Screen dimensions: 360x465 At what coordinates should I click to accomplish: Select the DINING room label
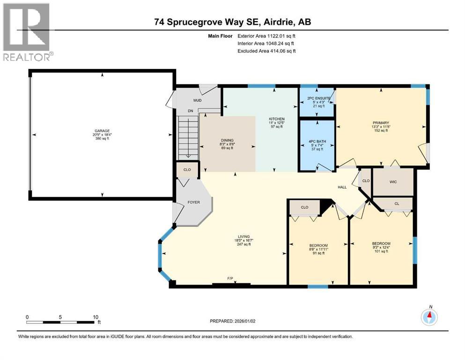click(x=227, y=140)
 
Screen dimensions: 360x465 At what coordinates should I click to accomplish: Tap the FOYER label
click(x=193, y=202)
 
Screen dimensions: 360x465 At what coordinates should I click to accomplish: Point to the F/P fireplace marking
click(x=230, y=279)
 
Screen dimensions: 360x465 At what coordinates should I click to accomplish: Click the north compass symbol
click(x=428, y=317)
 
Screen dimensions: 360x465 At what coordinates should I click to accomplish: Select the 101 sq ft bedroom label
click(x=381, y=244)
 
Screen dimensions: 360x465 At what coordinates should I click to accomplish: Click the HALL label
click(x=343, y=187)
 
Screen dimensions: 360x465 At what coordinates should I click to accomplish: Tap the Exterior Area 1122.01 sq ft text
click(x=266, y=36)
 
